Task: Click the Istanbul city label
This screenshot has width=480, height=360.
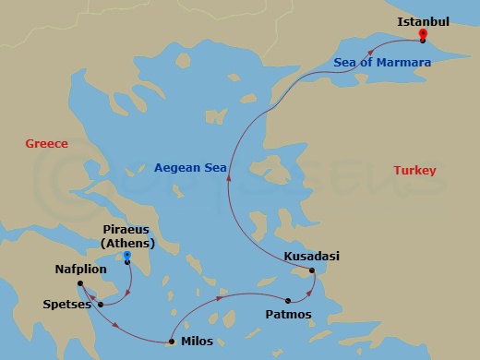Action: point(423,20)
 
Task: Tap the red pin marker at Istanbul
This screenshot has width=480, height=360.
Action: point(422,34)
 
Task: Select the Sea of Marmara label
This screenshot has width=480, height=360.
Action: point(382,63)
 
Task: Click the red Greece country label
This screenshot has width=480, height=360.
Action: point(47,144)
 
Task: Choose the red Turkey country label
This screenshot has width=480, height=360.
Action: point(414,171)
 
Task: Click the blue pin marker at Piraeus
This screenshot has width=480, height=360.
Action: point(127,255)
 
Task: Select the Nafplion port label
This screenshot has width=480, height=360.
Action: point(80,269)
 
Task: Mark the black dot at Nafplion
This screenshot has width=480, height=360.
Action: point(80,283)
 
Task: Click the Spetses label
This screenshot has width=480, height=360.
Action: point(66,304)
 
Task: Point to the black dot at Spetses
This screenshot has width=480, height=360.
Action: point(99,304)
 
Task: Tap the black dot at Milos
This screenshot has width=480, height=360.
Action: point(172,342)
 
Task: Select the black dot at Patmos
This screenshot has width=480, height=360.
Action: point(289,301)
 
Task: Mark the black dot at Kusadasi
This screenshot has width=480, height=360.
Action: point(312,270)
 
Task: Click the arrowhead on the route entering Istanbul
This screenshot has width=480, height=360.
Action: point(371,52)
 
